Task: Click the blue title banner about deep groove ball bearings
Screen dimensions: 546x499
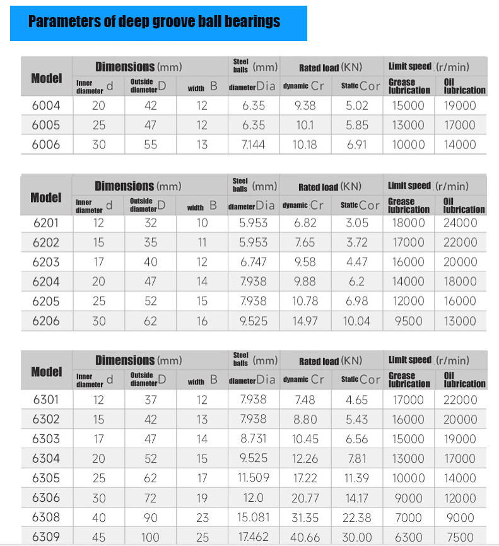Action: point(158,23)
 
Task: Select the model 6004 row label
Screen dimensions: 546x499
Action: point(46,105)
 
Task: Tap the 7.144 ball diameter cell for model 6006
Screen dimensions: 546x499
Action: point(253,145)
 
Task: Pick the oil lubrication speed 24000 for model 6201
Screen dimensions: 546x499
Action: point(460,223)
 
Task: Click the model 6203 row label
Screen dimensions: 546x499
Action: point(46,262)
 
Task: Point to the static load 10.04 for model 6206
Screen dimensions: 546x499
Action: point(356,321)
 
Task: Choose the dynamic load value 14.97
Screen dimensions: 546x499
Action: point(305,321)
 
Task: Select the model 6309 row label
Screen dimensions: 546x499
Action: point(46,537)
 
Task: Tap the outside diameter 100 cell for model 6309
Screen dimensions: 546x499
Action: point(150,537)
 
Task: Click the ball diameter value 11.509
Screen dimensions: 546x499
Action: point(253,478)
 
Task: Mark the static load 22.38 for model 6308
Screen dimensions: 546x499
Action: point(356,517)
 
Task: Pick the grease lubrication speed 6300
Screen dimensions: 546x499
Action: point(408,537)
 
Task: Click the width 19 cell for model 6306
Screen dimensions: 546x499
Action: point(202,497)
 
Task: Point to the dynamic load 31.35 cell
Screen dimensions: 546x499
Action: point(305,517)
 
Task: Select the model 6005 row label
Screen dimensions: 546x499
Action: point(46,125)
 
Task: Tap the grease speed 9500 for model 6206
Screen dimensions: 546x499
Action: point(408,321)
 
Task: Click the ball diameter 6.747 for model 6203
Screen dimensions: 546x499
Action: point(253,262)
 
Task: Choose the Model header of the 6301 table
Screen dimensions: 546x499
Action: point(47,371)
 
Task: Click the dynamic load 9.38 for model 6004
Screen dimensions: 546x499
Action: point(305,105)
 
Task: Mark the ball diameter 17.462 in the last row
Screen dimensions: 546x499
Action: point(253,537)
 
